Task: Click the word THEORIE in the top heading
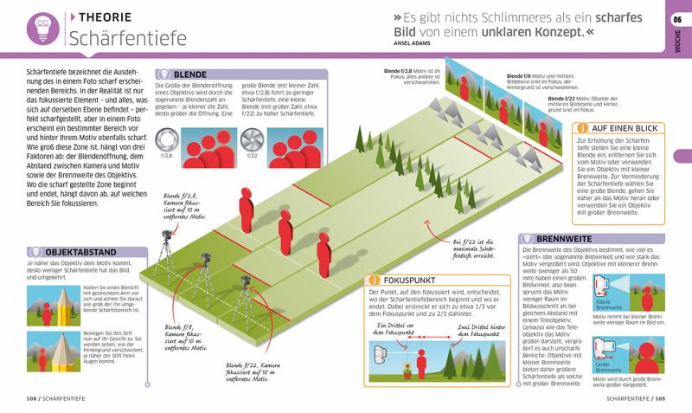pyautogui.click(x=106, y=16)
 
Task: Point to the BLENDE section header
pyautogui.click(x=189, y=75)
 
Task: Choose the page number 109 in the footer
pyautogui.click(x=661, y=398)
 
